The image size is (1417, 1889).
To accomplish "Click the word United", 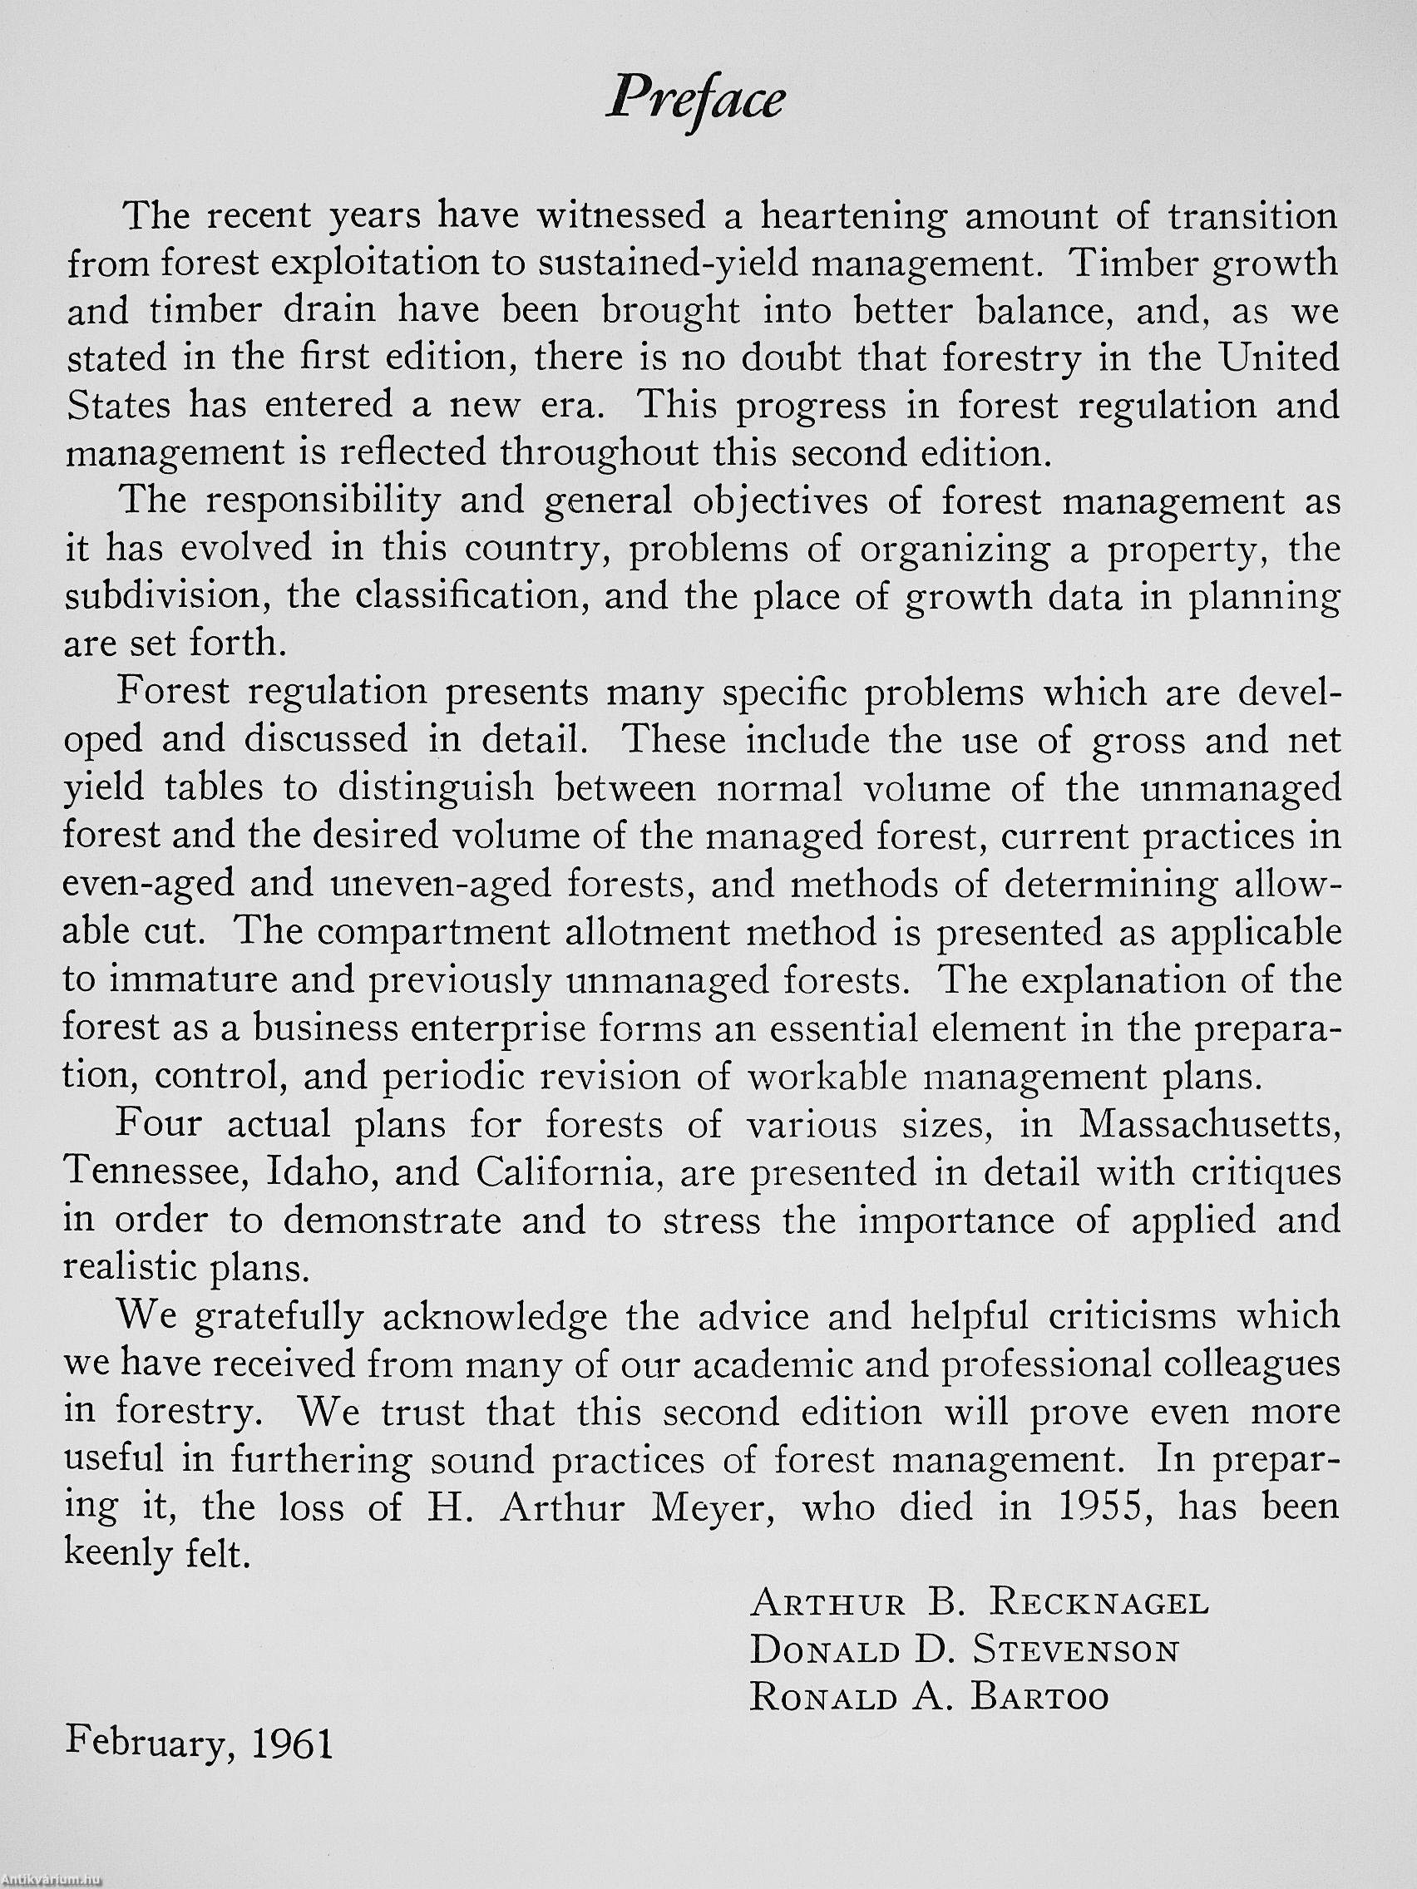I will point(1278,358).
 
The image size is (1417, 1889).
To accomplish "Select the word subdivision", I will point(166,594).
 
